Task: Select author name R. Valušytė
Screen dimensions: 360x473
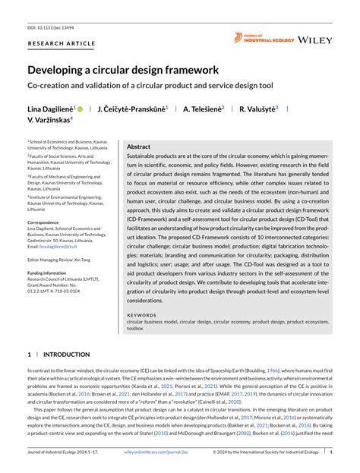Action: [258, 109]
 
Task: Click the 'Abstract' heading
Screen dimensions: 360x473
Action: [138, 146]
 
